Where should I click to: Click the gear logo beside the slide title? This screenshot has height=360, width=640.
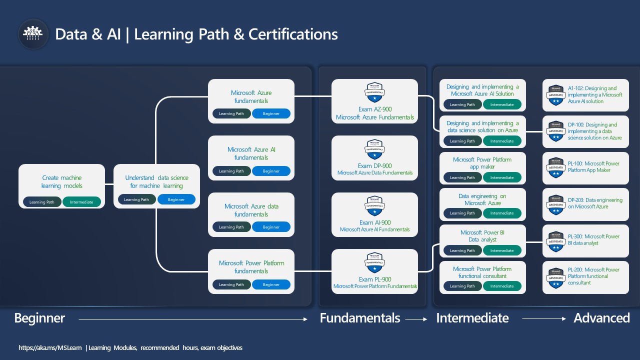33,34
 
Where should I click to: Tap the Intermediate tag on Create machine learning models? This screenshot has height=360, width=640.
81,202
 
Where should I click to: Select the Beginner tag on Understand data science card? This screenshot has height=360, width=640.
176,199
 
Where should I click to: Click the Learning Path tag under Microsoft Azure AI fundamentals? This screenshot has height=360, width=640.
231,171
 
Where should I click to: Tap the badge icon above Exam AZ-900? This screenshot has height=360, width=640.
374,92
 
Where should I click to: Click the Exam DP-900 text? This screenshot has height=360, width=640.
374,166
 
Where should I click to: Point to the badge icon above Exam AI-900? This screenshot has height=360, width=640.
374,205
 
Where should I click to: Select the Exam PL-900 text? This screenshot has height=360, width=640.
374,279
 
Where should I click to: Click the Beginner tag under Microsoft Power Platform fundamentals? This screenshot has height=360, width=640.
271,284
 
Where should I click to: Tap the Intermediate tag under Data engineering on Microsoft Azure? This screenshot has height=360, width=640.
501,213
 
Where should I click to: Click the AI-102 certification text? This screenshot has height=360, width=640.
595,94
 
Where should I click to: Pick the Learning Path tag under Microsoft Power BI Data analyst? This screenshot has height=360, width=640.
462,250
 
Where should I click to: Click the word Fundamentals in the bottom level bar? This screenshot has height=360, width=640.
360,318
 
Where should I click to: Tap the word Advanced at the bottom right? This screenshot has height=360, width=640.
601,318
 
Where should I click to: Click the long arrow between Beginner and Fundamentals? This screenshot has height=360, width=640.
192,319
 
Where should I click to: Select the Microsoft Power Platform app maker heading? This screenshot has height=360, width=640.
482,163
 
